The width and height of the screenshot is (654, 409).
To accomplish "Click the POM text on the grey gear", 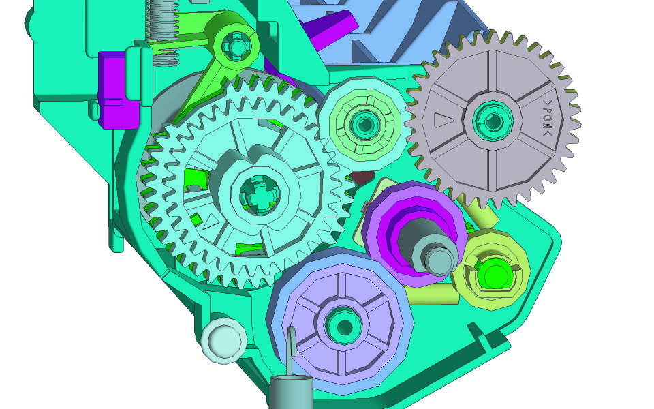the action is tap(548, 118).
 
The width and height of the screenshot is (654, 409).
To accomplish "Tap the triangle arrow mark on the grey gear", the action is tap(443, 120).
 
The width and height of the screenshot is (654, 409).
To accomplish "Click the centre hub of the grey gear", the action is tap(493, 121).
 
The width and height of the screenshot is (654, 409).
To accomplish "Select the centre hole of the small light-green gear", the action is tap(364, 124).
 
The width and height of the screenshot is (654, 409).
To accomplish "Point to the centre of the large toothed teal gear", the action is tap(260, 194).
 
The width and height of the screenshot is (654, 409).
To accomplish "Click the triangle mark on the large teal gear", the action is tap(211, 222).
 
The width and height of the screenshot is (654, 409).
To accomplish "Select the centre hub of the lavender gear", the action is tap(344, 327).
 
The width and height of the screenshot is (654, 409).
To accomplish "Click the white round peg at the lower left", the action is tap(223, 340).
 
